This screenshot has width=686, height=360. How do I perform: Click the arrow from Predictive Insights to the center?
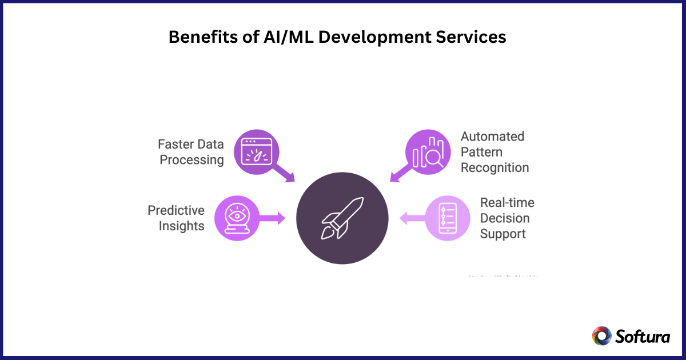click(x=272, y=217)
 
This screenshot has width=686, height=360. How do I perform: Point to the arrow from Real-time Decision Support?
click(x=412, y=218)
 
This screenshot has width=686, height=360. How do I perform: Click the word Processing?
click(x=192, y=159)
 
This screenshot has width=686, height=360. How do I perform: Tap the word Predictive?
click(x=176, y=210)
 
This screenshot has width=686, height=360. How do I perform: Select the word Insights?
click(x=181, y=226)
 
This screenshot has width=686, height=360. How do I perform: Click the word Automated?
click(x=492, y=137)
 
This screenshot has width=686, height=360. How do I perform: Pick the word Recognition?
click(x=494, y=167)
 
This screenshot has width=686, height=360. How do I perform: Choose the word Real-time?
click(x=506, y=203)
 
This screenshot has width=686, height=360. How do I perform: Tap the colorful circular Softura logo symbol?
click(x=601, y=336)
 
